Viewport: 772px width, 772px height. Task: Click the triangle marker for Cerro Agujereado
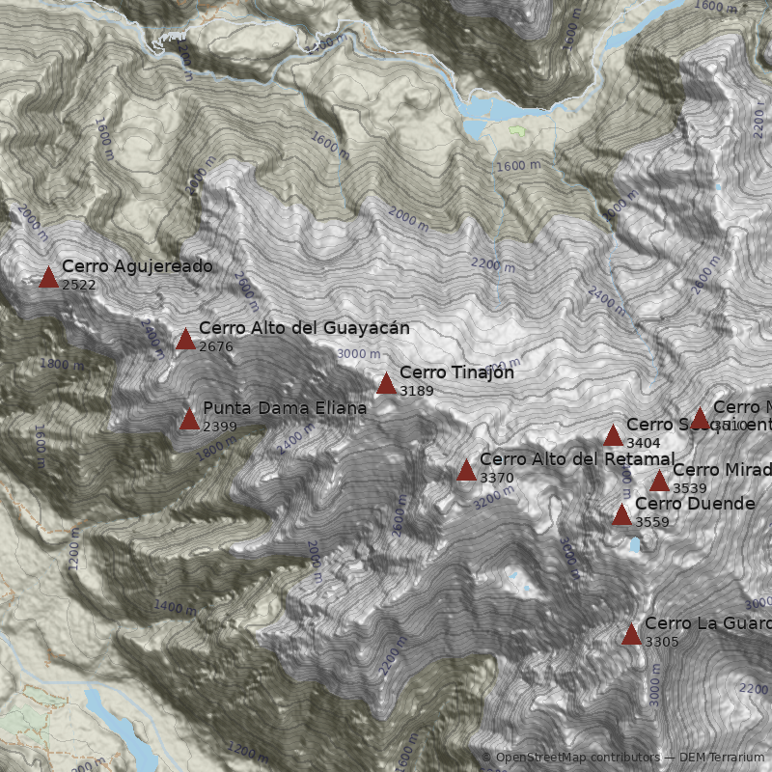click(48, 278)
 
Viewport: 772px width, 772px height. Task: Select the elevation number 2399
click(220, 427)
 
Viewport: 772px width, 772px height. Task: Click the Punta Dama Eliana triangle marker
click(189, 419)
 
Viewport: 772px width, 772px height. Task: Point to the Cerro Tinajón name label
click(456, 372)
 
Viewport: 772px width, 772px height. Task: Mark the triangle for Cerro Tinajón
click(386, 384)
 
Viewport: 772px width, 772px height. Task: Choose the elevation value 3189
click(417, 391)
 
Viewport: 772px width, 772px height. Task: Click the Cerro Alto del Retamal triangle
click(466, 471)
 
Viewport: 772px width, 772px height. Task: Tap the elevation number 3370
click(497, 478)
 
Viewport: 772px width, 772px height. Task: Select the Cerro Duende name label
click(695, 504)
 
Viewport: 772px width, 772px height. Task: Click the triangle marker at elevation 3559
click(621, 514)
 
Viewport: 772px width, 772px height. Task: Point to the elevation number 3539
click(690, 488)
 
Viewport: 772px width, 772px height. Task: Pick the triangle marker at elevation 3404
click(613, 435)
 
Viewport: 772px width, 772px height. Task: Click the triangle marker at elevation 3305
click(631, 634)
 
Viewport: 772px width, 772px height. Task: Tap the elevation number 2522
click(79, 285)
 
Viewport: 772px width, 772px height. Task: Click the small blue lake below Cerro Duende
click(634, 545)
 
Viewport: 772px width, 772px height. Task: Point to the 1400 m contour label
click(174, 607)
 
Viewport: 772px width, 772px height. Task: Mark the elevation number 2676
click(216, 345)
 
